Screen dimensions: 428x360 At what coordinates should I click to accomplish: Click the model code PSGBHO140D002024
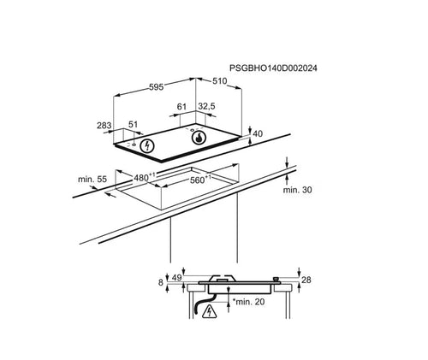pyautogui.click(x=273, y=68)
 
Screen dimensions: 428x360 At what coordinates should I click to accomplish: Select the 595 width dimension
pyautogui.click(x=157, y=87)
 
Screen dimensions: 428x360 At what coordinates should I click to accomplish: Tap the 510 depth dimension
pyautogui.click(x=219, y=81)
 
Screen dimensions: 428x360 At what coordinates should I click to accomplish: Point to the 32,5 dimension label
pyautogui.click(x=206, y=106)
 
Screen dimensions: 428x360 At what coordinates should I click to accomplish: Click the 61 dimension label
pyautogui.click(x=181, y=107)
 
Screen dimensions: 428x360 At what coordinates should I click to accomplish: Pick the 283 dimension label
pyautogui.click(x=104, y=125)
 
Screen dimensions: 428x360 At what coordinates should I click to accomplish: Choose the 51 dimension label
pyautogui.click(x=133, y=124)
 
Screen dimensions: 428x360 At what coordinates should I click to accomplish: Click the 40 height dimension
pyautogui.click(x=258, y=133)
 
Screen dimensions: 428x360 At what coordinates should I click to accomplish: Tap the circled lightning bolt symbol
pyautogui.click(x=147, y=145)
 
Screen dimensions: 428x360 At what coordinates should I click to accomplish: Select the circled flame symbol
pyautogui.click(x=199, y=138)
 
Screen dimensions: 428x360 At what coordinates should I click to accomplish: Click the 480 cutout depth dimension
pyautogui.click(x=145, y=177)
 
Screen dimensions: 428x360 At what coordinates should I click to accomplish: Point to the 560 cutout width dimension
pyautogui.click(x=200, y=180)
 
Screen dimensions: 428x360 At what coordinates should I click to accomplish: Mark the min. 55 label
pyautogui.click(x=92, y=180)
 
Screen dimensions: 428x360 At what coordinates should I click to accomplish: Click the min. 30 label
pyautogui.click(x=297, y=190)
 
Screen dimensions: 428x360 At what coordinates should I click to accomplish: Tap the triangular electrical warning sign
pyautogui.click(x=210, y=311)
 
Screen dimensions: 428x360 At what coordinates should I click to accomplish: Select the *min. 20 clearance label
pyautogui.click(x=249, y=302)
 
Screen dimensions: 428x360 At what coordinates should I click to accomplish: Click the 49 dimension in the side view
pyautogui.click(x=177, y=278)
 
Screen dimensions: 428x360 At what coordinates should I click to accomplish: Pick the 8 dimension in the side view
pyautogui.click(x=161, y=282)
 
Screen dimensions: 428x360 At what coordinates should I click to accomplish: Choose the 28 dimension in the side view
pyautogui.click(x=306, y=280)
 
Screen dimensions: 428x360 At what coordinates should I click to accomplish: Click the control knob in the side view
pyautogui.click(x=276, y=280)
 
